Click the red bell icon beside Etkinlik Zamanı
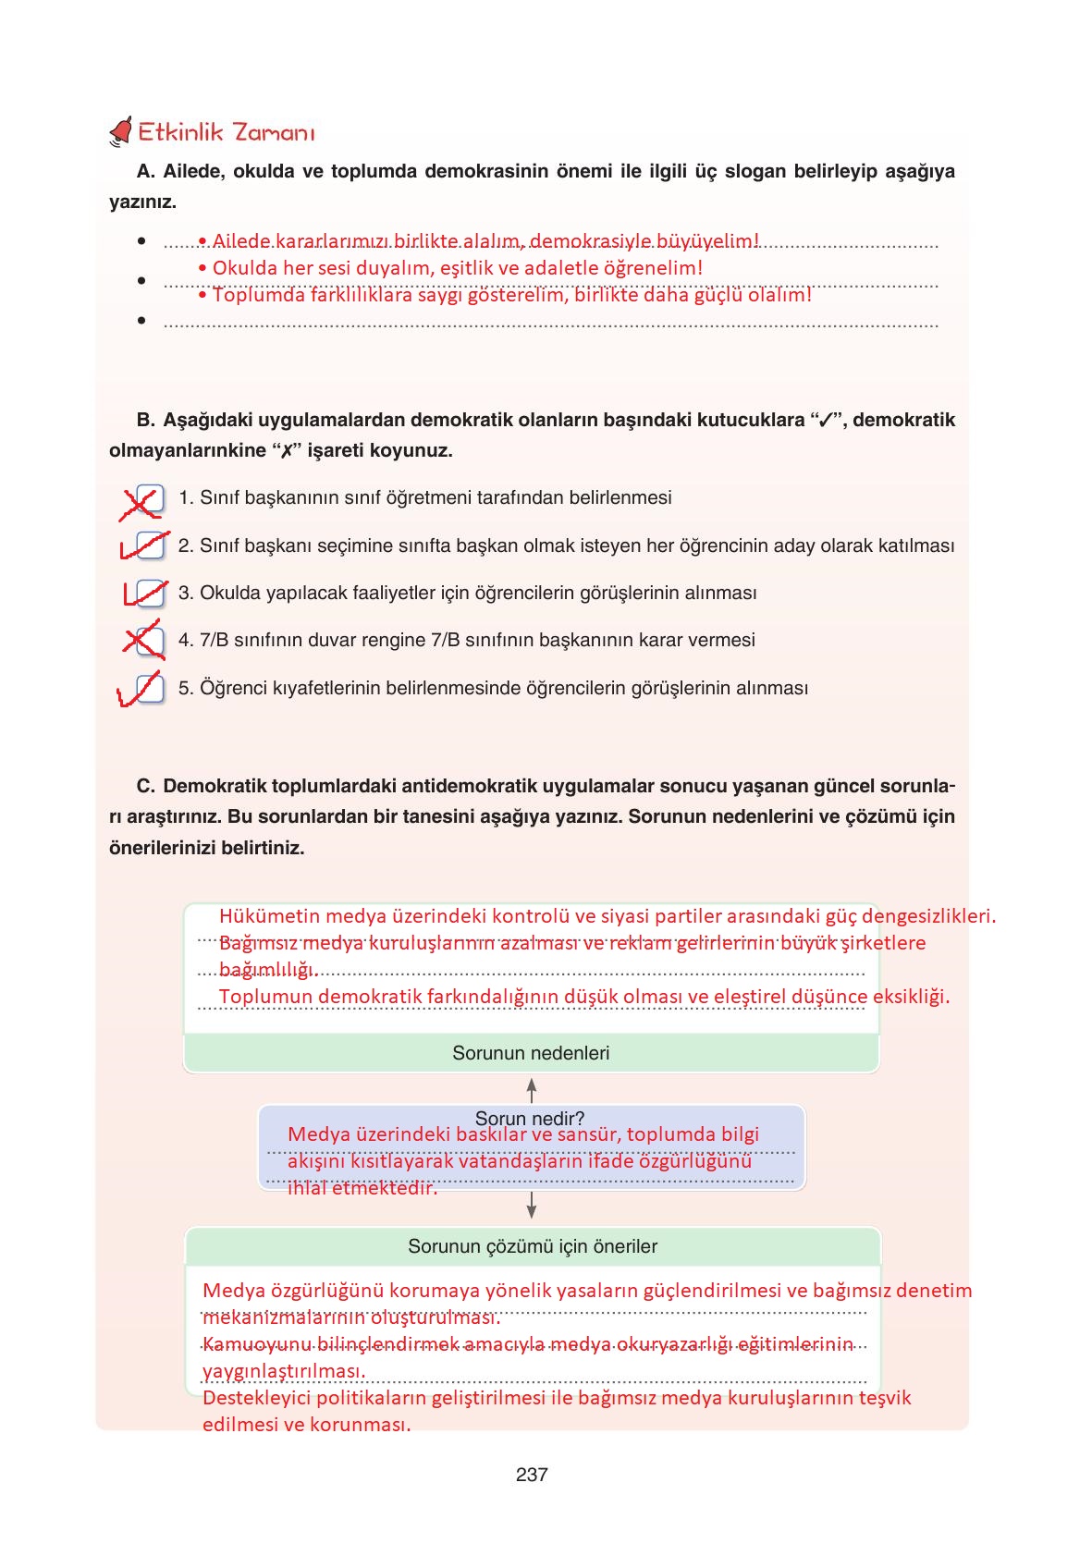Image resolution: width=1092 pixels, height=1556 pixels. click(x=121, y=133)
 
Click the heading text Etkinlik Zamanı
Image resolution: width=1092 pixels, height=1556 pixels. click(x=226, y=132)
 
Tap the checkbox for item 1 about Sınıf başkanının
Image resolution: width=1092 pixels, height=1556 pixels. click(x=149, y=499)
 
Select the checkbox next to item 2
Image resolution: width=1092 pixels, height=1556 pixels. click(x=149, y=546)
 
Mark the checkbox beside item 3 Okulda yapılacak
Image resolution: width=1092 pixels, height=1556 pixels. click(x=149, y=594)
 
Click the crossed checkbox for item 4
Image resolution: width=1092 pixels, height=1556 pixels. click(x=149, y=641)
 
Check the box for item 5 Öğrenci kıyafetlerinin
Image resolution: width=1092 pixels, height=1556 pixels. click(x=149, y=689)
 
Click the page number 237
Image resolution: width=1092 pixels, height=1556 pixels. click(x=532, y=1475)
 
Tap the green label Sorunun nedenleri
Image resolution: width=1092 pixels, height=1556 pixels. click(x=531, y=1053)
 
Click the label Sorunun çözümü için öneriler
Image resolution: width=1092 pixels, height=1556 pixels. click(x=533, y=1246)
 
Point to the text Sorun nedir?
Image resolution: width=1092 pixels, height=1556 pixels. click(x=529, y=1118)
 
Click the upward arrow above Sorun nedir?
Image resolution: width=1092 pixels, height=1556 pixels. click(x=532, y=1088)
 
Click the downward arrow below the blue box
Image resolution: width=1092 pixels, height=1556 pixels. click(x=532, y=1205)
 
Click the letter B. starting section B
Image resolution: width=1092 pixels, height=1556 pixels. click(x=145, y=420)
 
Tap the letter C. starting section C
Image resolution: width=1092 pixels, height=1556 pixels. click(x=145, y=786)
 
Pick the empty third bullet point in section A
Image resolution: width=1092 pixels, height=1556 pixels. click(x=141, y=321)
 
